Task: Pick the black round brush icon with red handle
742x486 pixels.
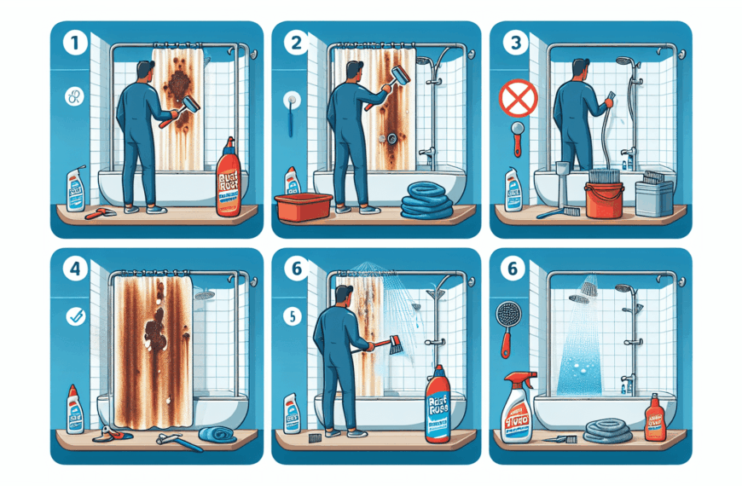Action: (x=506, y=321)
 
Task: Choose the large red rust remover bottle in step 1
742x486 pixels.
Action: (x=229, y=180)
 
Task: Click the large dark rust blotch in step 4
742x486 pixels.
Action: (x=157, y=327)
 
